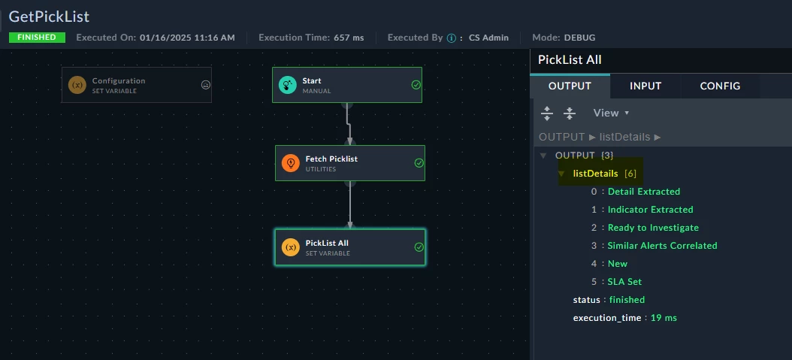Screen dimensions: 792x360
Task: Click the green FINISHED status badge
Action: (x=37, y=38)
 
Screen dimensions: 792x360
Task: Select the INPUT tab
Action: (x=645, y=86)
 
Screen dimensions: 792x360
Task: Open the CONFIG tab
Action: (x=720, y=86)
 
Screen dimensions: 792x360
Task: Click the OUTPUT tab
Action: (x=570, y=86)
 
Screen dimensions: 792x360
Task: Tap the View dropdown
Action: (x=611, y=113)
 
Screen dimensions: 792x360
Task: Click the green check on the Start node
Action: (x=416, y=85)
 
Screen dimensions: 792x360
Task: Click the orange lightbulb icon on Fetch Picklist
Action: (x=291, y=163)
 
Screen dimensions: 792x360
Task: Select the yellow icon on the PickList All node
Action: (x=291, y=247)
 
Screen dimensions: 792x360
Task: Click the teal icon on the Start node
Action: (x=287, y=85)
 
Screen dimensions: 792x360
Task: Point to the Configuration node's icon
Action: (x=77, y=85)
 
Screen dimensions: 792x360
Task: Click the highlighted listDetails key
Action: (x=596, y=174)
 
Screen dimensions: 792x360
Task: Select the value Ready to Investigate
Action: (x=653, y=228)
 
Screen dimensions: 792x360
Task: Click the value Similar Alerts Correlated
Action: (x=662, y=246)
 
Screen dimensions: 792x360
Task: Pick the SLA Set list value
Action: (x=625, y=282)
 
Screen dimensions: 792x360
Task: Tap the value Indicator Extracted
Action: (x=651, y=210)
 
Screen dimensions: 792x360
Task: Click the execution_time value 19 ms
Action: (x=664, y=318)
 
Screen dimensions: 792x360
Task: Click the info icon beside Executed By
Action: (x=451, y=38)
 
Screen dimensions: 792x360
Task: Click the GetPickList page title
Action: (x=49, y=17)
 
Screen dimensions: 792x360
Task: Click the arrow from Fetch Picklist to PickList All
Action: (x=350, y=204)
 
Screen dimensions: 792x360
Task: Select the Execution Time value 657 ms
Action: (x=349, y=38)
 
